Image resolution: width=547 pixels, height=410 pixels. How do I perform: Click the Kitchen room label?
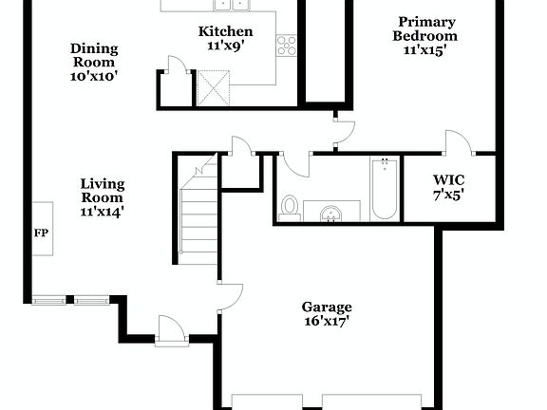[225, 30]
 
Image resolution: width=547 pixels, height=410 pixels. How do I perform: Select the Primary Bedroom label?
[425, 28]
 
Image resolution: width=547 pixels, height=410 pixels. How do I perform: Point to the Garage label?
[327, 307]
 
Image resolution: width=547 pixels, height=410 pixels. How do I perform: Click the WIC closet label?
[448, 179]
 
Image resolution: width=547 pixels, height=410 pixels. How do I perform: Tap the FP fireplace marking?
[41, 233]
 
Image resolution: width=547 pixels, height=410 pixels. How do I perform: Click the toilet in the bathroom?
[291, 208]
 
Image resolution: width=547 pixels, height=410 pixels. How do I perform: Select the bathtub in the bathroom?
[383, 187]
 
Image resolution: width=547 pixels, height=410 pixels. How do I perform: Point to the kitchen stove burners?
[286, 45]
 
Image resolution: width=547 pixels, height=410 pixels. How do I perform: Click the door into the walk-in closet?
[460, 142]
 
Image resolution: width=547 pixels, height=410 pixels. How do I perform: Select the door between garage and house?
[231, 294]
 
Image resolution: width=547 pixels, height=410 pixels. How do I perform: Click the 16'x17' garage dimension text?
[327, 321]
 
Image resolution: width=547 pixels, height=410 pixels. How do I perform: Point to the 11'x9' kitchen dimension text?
[225, 45]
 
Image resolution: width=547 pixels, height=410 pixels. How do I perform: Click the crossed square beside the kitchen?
[210, 90]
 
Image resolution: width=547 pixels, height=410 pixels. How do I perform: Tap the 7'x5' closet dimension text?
[448, 195]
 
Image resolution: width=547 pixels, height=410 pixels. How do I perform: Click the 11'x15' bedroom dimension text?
[425, 50]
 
